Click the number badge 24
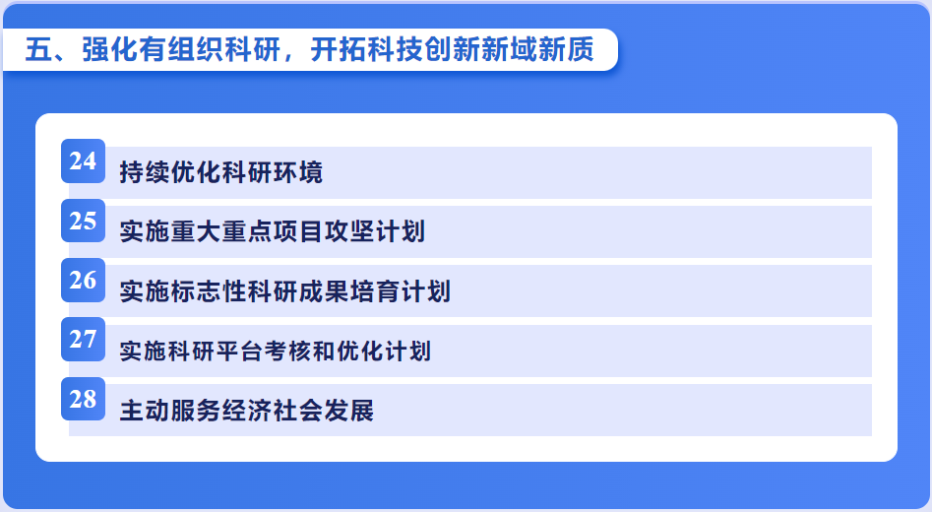point(84,161)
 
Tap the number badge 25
point(84,221)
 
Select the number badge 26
point(84,280)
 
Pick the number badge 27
point(84,340)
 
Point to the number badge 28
point(84,399)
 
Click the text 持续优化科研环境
point(221,172)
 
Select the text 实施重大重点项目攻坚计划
point(273,232)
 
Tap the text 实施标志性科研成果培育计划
point(284,291)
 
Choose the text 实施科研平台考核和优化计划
point(276,351)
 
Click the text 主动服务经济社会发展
point(247,411)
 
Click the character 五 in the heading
point(39,49)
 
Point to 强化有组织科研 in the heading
point(181,49)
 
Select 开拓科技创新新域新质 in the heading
point(453,49)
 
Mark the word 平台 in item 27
point(239,351)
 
